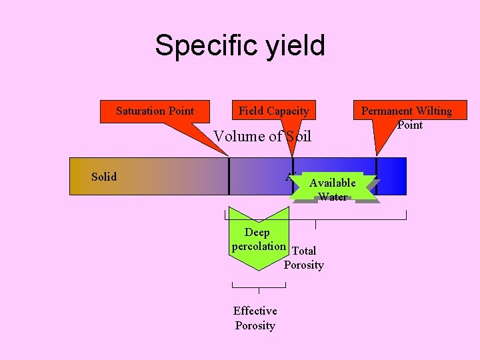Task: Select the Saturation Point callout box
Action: click(155, 111)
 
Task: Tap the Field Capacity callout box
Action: click(274, 111)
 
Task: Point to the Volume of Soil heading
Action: click(262, 137)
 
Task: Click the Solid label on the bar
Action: click(104, 177)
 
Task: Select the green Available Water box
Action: click(333, 189)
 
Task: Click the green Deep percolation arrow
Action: click(258, 243)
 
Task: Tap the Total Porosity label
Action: click(304, 258)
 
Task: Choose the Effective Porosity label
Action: click(255, 318)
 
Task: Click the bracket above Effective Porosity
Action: click(259, 287)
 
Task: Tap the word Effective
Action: click(255, 311)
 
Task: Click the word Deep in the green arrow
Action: click(257, 233)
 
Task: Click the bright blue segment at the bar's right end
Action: click(391, 176)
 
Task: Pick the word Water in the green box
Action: click(333, 197)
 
